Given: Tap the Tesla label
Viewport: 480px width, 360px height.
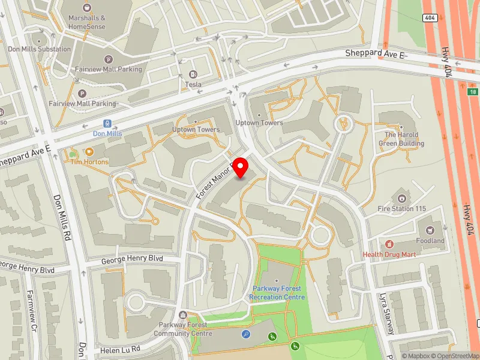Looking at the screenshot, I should (193, 85).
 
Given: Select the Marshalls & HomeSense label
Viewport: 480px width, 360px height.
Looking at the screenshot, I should (87, 22).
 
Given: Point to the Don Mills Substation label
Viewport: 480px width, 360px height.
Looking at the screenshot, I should (39, 49).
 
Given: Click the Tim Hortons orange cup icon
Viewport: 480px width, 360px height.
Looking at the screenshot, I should (89, 152).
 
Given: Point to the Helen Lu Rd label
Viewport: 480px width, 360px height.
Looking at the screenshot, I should (120, 349).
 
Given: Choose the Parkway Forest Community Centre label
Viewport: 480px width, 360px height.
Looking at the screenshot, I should (183, 329).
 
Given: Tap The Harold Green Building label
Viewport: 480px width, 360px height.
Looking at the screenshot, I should (401, 139).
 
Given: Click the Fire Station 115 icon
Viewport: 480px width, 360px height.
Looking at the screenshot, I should (401, 197).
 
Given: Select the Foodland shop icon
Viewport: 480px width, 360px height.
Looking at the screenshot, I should (430, 230).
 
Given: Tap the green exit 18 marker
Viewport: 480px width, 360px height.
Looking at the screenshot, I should (473, 91).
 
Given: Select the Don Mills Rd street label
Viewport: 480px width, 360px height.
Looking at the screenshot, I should (63, 216).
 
